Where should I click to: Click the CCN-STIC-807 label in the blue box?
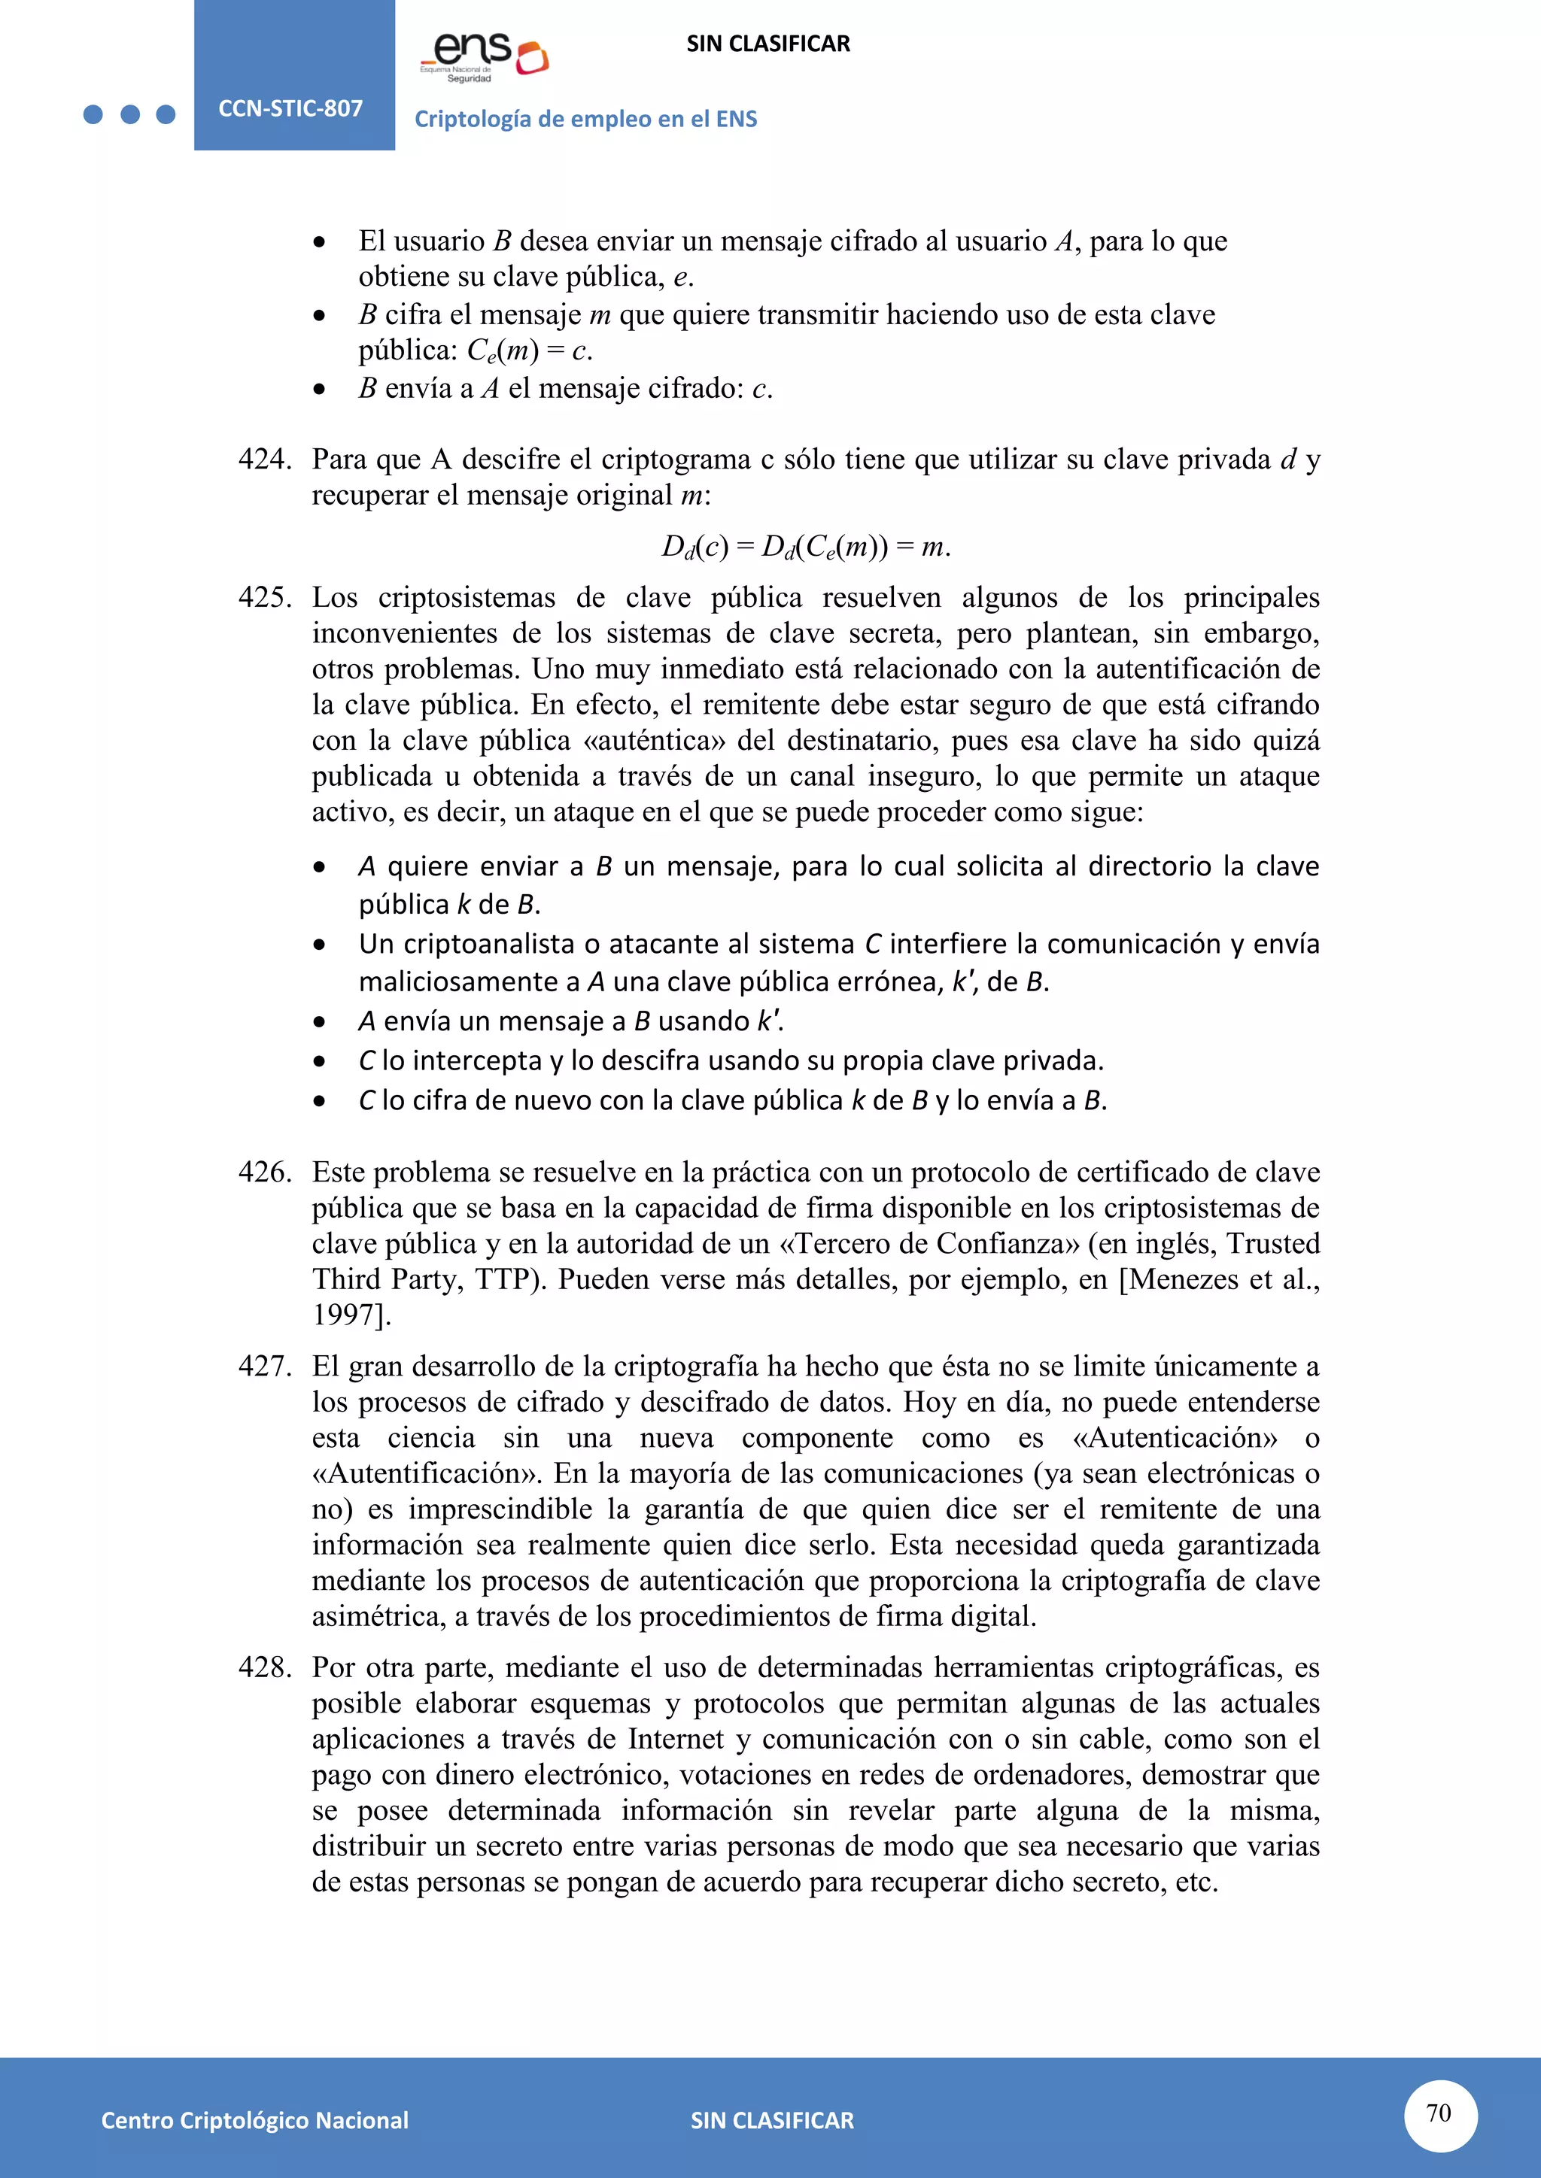290,108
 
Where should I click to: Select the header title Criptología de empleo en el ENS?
585,120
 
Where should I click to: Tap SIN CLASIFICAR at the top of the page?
767,44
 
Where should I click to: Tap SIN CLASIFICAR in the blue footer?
771,2120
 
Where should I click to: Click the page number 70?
1439,2113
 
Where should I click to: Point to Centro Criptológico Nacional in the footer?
254,2120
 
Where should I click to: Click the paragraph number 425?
265,599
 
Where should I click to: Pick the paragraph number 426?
265,1172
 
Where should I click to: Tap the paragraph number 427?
265,1367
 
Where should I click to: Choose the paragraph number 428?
265,1667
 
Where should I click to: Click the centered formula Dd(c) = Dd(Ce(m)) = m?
806,548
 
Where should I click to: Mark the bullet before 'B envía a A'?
320,390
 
